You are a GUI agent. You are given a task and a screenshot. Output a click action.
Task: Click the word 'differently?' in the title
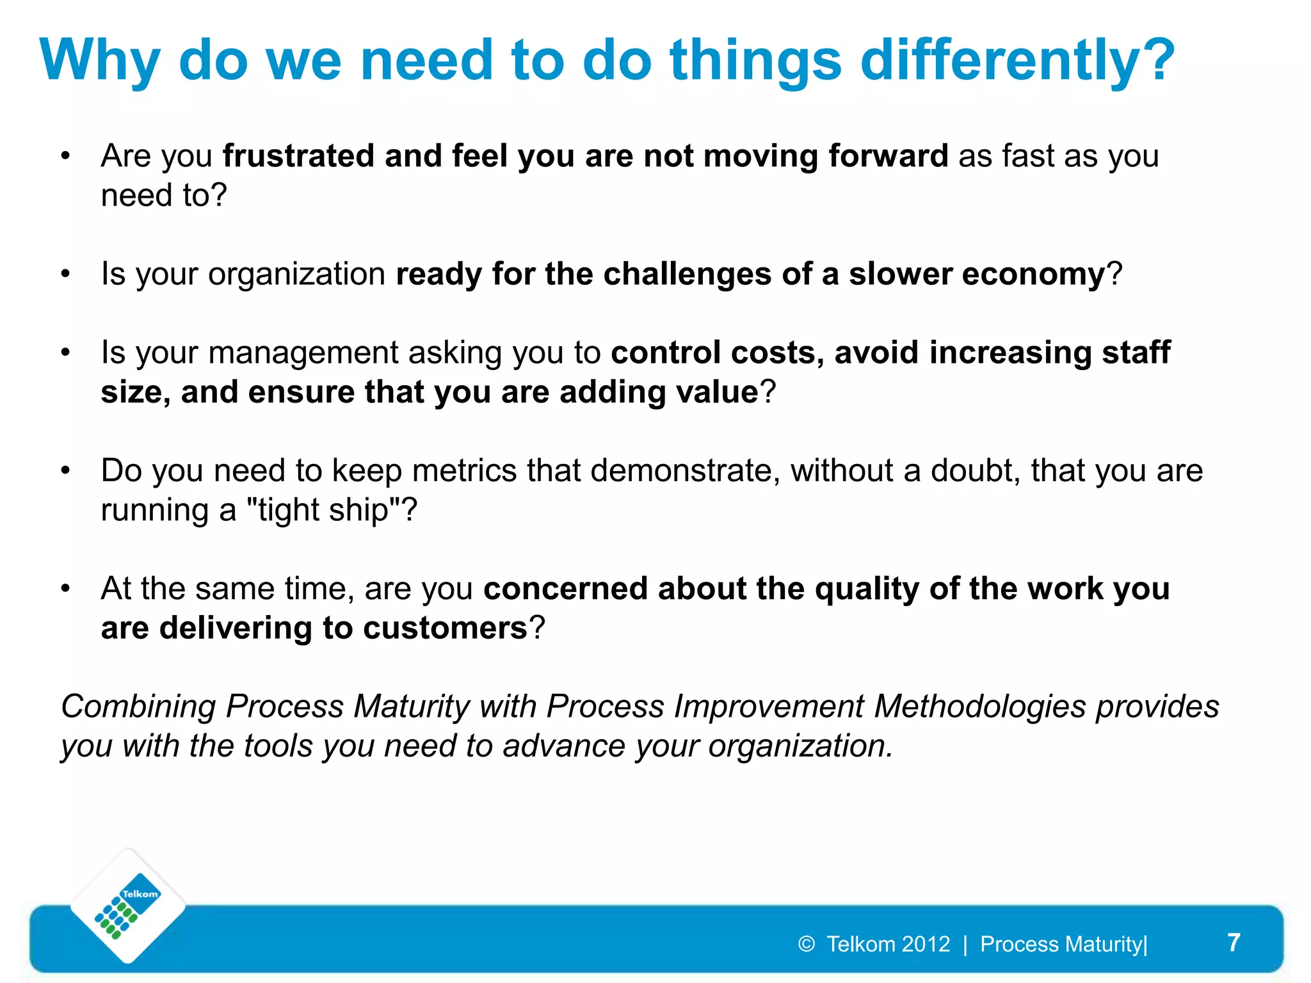1018,61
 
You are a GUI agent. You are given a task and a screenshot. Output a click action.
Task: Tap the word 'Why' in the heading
99,61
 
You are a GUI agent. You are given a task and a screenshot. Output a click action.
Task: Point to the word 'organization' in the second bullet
296,275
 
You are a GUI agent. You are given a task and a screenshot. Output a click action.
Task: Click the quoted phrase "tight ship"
324,511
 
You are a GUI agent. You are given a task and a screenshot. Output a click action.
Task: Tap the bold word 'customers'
445,628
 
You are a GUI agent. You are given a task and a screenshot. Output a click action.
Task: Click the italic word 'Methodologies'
980,707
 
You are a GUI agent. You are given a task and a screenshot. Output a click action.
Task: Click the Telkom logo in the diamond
128,906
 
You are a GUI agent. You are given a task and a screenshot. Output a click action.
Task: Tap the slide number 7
1234,943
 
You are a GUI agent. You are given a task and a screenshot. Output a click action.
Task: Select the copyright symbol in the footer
806,944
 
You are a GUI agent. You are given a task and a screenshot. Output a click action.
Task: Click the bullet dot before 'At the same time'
65,589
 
